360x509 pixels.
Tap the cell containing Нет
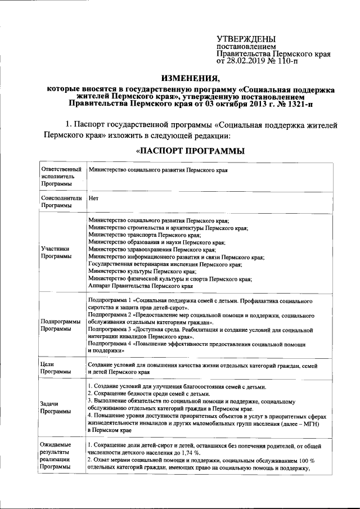[x=94, y=199]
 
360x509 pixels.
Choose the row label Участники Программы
[x=55, y=253]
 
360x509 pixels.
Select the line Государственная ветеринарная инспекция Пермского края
[x=165, y=264]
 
